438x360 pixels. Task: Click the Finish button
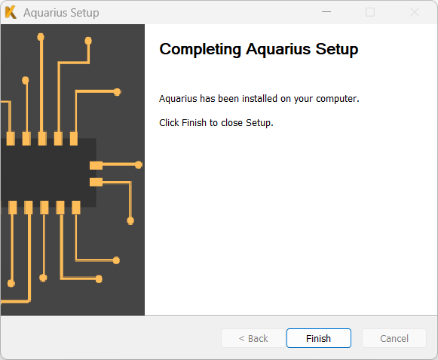[319, 338]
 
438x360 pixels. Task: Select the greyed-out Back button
[253, 338]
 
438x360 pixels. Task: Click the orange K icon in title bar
[11, 12]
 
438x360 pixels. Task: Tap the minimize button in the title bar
[326, 12]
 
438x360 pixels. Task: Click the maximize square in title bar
[370, 12]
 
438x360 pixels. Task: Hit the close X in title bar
[415, 12]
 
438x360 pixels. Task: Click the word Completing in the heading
[200, 50]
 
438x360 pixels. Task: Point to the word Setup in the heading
[337, 50]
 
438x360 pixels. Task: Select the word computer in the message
[336, 99]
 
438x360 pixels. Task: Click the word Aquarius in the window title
[45, 13]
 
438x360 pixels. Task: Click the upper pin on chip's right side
[96, 165]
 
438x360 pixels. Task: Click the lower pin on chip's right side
[96, 182]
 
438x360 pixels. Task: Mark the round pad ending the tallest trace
[41, 37]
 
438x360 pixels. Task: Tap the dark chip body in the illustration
[48, 173]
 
